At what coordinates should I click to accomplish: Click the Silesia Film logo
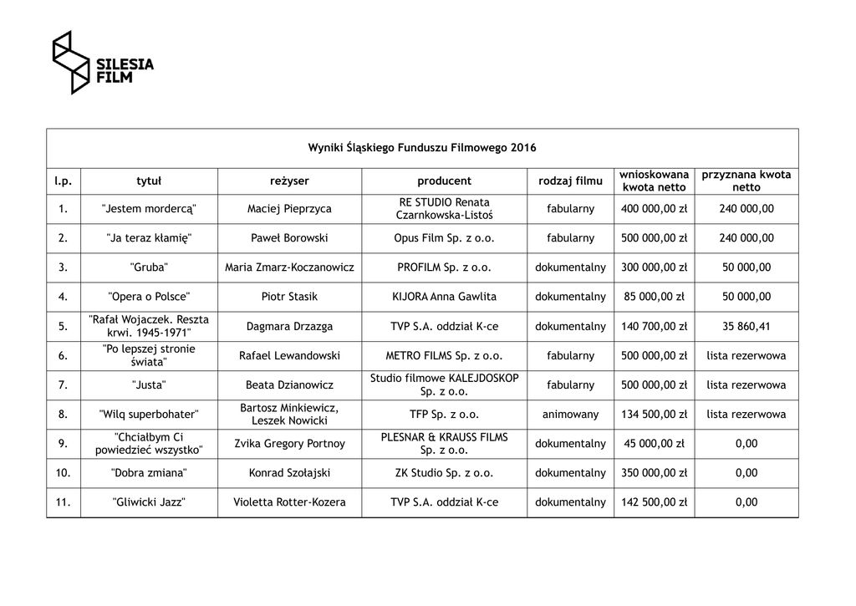(102, 64)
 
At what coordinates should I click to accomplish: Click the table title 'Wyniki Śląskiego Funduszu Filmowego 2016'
(422, 148)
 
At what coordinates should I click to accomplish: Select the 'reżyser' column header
(289, 181)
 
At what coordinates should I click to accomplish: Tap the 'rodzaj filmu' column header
(570, 181)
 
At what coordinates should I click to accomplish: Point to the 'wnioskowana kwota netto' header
(654, 181)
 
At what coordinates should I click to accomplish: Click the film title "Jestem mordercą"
(149, 209)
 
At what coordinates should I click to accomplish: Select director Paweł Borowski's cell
(289, 238)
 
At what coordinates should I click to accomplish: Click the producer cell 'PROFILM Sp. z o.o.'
(444, 267)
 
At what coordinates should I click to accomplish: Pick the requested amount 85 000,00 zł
(654, 297)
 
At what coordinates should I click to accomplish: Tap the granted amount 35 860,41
(746, 326)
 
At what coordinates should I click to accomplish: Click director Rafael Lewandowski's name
(289, 355)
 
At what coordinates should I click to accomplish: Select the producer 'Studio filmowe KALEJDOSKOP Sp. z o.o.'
(444, 384)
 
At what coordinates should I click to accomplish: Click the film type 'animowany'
(570, 414)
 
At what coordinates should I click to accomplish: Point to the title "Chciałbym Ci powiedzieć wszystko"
(149, 443)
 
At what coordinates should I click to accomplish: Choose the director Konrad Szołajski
(289, 473)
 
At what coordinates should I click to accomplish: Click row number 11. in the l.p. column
(63, 502)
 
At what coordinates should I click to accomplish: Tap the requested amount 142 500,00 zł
(654, 502)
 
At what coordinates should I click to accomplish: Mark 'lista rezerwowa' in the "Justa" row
(746, 384)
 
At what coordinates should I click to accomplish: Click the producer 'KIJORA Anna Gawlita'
(444, 297)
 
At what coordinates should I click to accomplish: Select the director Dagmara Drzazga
(289, 326)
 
